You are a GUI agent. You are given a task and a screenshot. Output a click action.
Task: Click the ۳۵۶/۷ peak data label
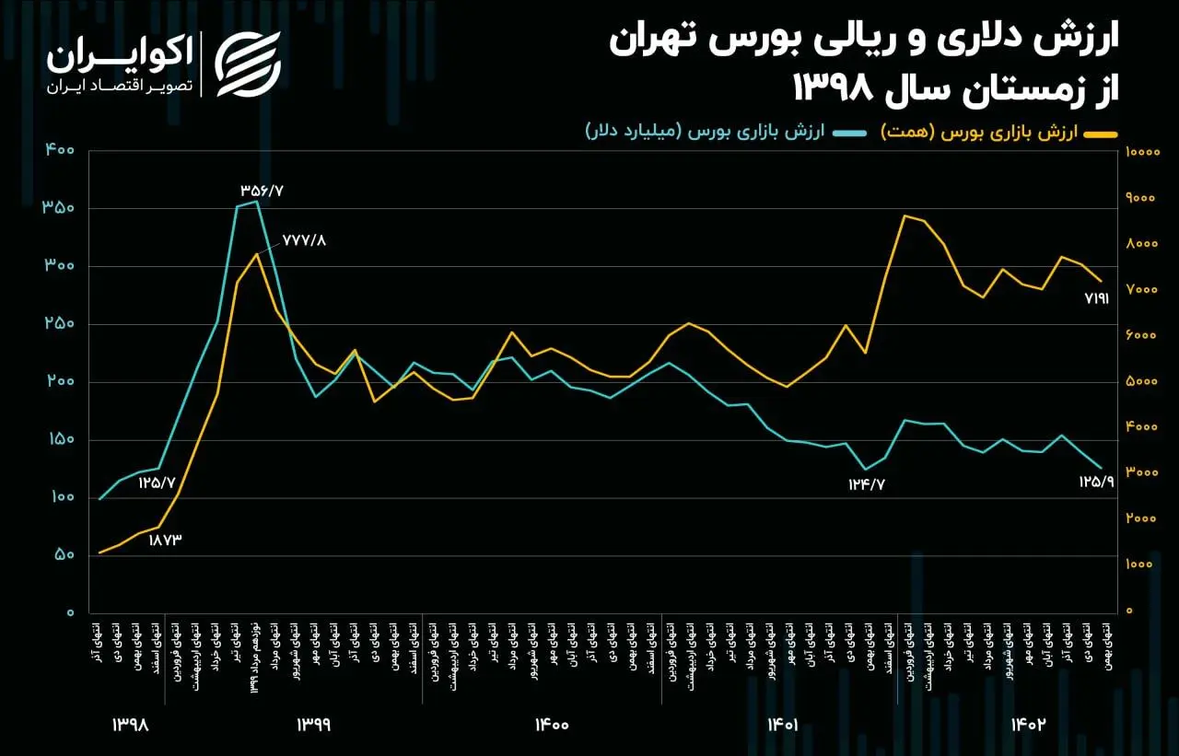(x=263, y=190)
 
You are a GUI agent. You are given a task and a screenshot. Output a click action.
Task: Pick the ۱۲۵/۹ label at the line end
(x=1096, y=481)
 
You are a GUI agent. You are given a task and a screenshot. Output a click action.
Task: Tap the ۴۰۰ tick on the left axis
(x=58, y=149)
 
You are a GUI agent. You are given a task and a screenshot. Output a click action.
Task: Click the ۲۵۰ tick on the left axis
(x=58, y=324)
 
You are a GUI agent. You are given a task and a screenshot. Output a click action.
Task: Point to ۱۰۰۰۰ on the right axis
(x=1147, y=152)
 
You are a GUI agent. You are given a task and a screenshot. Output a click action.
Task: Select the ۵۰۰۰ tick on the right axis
(x=1143, y=381)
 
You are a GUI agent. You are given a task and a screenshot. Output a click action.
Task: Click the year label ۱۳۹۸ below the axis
(x=130, y=725)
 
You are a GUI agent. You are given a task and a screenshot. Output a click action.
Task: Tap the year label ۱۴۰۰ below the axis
(x=551, y=725)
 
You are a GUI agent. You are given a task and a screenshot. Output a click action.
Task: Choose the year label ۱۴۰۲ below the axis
(x=1028, y=725)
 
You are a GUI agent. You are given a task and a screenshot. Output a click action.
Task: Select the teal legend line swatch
(x=848, y=134)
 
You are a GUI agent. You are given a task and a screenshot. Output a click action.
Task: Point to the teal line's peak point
(x=256, y=202)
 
